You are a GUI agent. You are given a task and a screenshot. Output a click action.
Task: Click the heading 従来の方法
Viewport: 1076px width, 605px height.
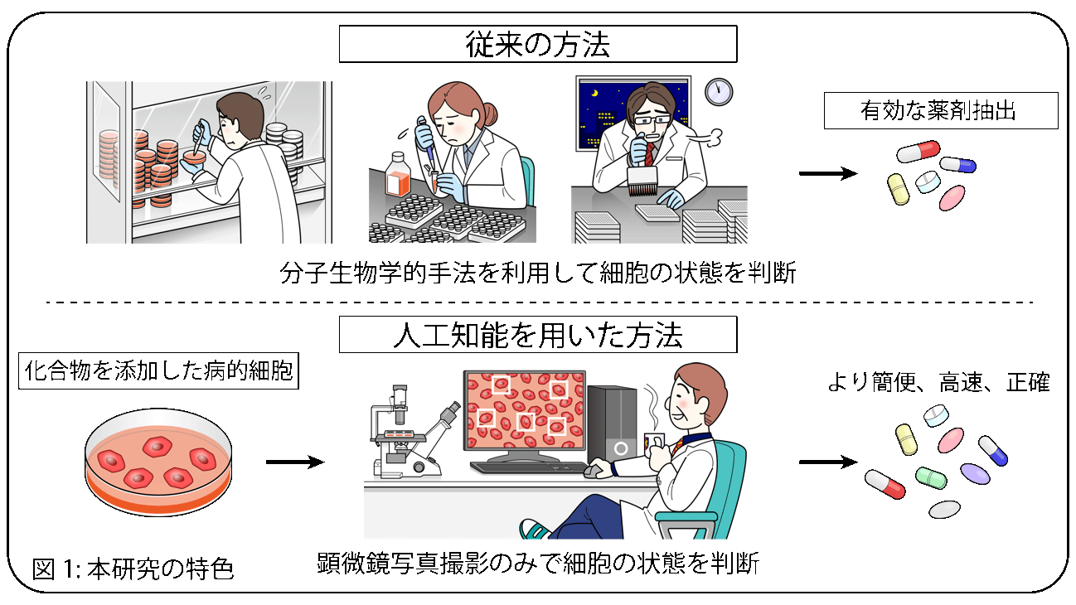pyautogui.click(x=537, y=45)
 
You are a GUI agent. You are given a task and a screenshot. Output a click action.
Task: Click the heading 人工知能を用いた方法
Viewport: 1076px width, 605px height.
pyautogui.click(x=537, y=335)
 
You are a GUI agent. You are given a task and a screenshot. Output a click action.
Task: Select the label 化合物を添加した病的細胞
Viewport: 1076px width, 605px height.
pyautogui.click(x=158, y=370)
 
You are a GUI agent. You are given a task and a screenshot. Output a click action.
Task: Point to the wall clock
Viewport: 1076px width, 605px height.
pyautogui.click(x=719, y=92)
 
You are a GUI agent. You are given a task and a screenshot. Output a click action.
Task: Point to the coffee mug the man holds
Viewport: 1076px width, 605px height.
pyautogui.click(x=654, y=445)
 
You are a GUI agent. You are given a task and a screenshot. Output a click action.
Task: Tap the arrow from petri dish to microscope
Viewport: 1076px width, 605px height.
pyautogui.click(x=295, y=462)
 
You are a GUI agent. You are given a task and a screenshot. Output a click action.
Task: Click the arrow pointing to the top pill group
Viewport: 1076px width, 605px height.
pyautogui.click(x=828, y=173)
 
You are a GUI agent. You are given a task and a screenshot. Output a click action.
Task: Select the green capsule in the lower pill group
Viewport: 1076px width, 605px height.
pyautogui.click(x=931, y=477)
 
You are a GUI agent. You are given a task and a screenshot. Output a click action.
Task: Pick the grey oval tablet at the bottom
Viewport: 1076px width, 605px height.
pyautogui.click(x=944, y=510)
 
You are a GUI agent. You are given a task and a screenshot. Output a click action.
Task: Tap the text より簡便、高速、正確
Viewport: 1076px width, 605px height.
pyautogui.click(x=938, y=383)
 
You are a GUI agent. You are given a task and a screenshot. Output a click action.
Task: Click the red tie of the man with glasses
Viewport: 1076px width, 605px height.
pyautogui.click(x=649, y=153)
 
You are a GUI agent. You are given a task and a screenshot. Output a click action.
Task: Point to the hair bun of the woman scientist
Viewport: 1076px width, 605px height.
pyautogui.click(x=490, y=114)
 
